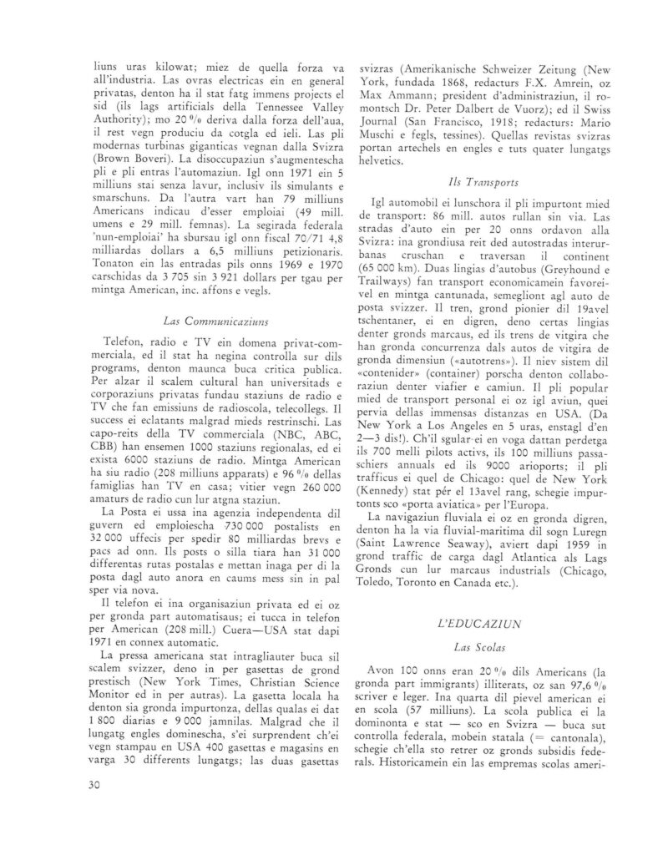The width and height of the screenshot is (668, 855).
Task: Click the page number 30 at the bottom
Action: pos(91,783)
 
